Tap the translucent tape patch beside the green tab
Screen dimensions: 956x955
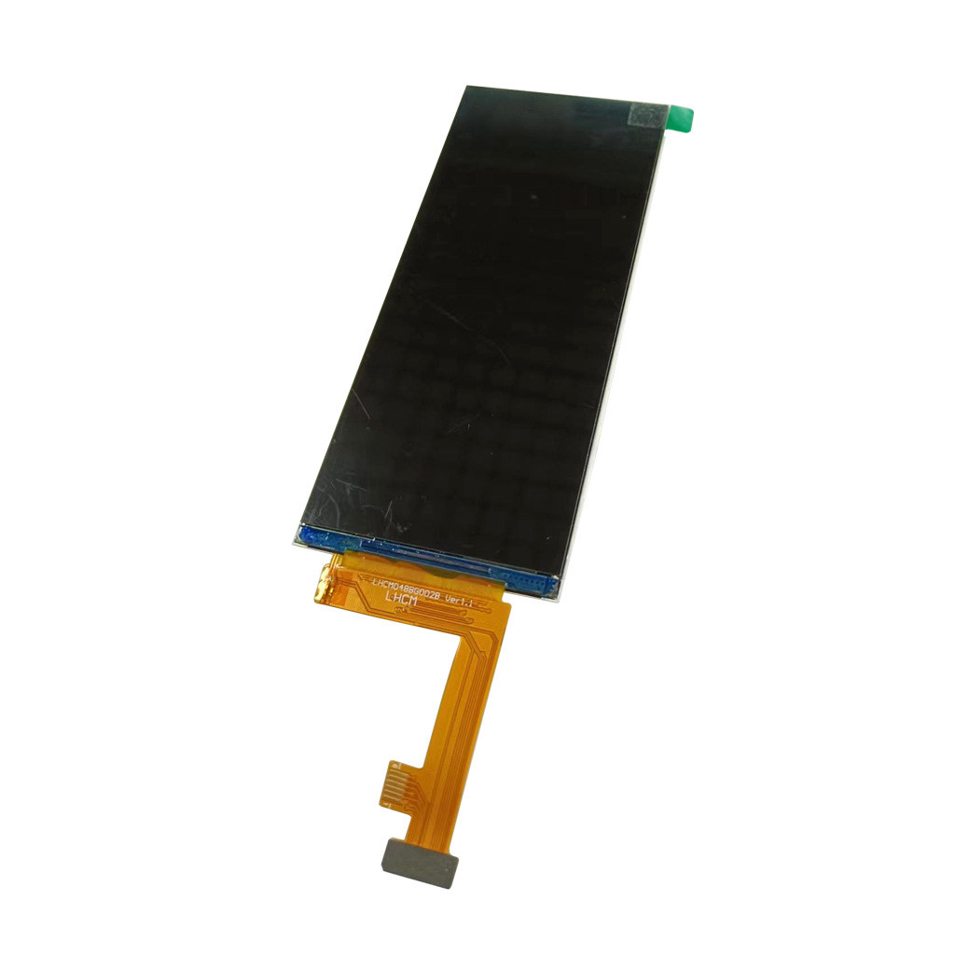click(647, 115)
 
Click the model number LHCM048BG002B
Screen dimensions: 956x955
click(407, 587)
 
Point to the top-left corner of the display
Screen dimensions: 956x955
click(467, 88)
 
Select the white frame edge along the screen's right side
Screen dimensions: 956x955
click(616, 373)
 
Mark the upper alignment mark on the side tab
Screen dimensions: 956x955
click(391, 765)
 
